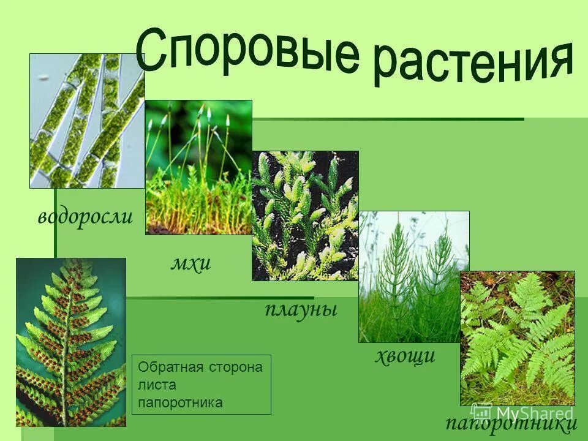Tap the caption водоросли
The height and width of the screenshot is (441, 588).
[85, 217]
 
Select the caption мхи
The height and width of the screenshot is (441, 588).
[190, 263]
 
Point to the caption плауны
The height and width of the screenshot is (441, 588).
[301, 308]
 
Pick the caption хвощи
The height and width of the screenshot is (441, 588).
[405, 355]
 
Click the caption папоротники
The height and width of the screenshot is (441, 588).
[511, 423]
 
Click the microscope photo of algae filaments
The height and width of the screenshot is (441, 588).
[87, 121]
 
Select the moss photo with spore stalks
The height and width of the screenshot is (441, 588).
[198, 167]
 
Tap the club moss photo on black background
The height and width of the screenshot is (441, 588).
[305, 216]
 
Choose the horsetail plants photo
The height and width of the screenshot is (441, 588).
[413, 276]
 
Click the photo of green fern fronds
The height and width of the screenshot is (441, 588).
[517, 338]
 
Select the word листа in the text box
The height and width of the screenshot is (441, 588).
[157, 385]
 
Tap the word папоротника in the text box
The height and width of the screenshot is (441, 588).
[180, 402]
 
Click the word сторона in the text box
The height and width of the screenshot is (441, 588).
[233, 367]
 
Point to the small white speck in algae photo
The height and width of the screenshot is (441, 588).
[43, 78]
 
